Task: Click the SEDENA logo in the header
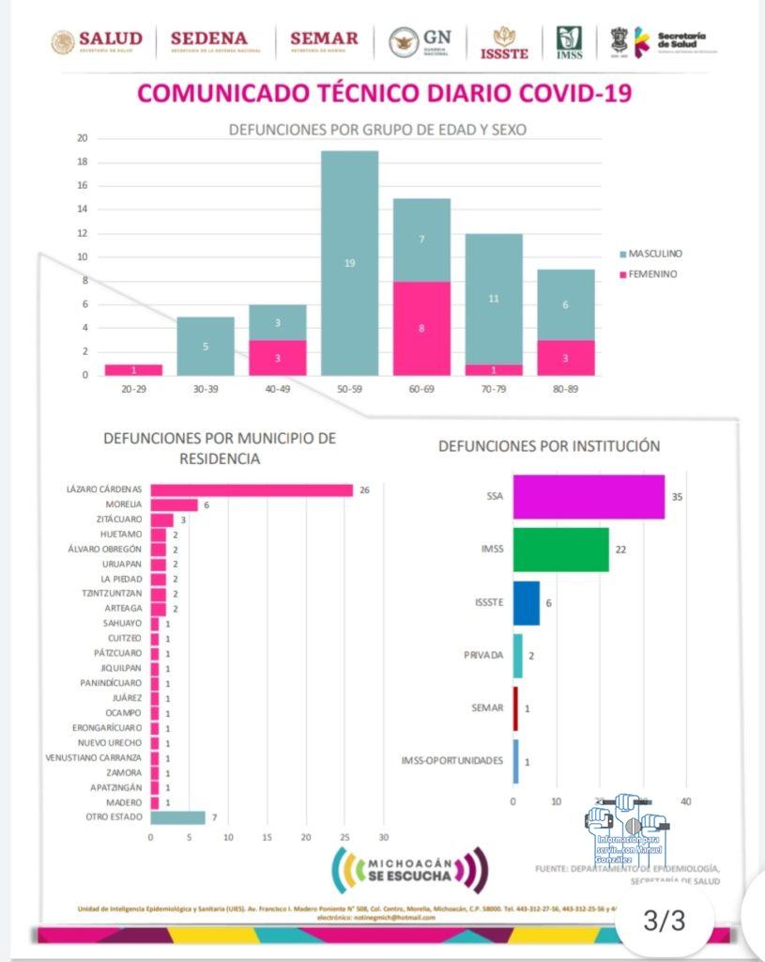(x=208, y=41)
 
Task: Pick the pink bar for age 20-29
(x=133, y=369)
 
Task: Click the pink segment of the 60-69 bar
(x=421, y=329)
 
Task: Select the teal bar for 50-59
(x=349, y=263)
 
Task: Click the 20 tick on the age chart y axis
(x=83, y=138)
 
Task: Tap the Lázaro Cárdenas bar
(x=252, y=489)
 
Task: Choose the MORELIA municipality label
(x=122, y=504)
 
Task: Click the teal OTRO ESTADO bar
(x=177, y=817)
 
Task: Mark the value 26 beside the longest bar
(x=364, y=489)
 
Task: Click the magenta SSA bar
(x=589, y=495)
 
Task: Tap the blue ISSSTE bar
(x=526, y=603)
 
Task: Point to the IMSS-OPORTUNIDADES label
(x=451, y=761)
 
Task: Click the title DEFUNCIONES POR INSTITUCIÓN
(x=548, y=446)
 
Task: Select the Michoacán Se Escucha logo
(x=411, y=870)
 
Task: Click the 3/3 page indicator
(x=665, y=921)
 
